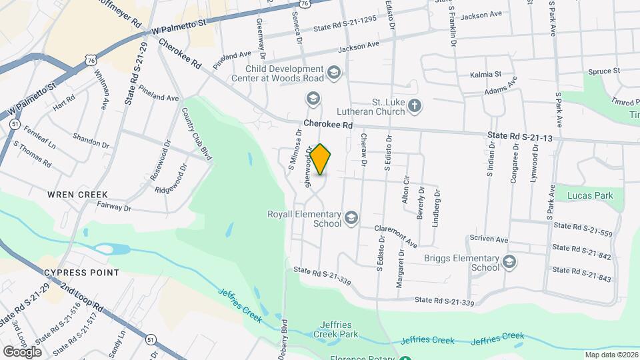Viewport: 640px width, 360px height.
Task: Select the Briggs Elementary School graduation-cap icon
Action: tap(510, 262)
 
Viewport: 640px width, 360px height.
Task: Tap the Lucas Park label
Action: tap(590, 195)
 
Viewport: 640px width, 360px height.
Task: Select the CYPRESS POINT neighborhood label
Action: tap(81, 273)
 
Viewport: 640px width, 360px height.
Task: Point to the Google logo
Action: tap(22, 352)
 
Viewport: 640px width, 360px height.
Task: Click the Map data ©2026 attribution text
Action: tap(611, 355)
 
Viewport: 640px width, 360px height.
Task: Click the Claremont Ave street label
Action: tap(395, 234)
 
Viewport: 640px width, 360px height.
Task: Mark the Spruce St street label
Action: tap(603, 71)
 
